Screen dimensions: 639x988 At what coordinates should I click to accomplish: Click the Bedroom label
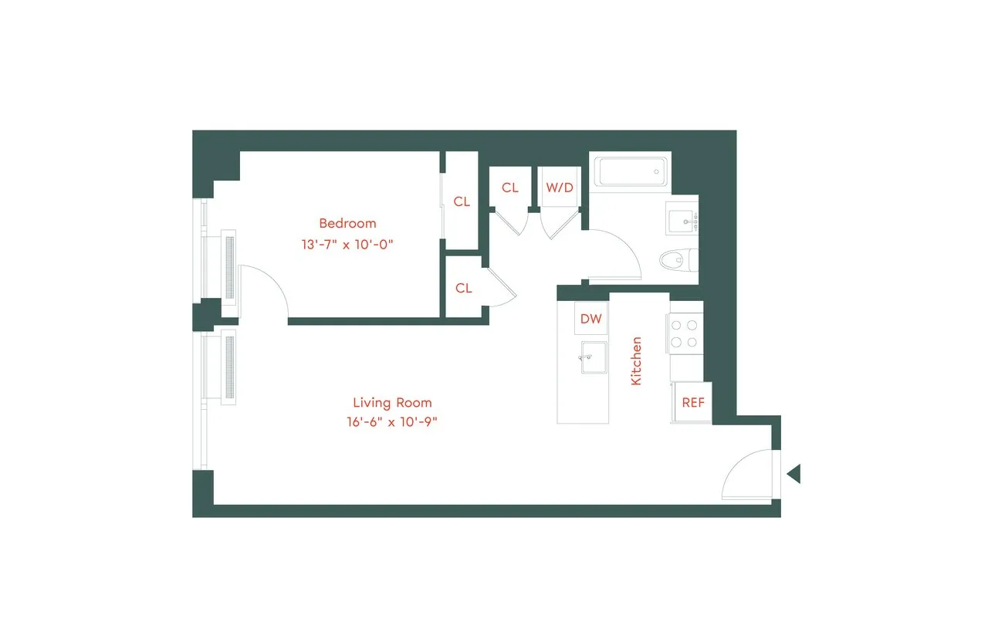click(x=347, y=223)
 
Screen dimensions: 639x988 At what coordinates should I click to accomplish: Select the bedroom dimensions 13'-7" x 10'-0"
click(x=347, y=244)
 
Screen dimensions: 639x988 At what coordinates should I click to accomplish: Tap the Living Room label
click(x=392, y=402)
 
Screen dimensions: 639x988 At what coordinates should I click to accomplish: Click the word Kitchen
click(x=637, y=360)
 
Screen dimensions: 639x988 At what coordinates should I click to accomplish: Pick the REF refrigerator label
click(x=692, y=403)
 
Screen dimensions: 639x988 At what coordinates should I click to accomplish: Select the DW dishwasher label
click(x=590, y=319)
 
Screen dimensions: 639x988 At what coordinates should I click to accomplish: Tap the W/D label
click(x=560, y=188)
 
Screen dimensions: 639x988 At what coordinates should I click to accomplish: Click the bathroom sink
click(x=682, y=219)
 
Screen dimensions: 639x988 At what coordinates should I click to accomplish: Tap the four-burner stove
click(x=685, y=334)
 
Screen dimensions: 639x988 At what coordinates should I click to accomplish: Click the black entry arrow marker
click(x=793, y=474)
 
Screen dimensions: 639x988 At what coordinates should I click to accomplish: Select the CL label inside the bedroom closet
click(x=462, y=201)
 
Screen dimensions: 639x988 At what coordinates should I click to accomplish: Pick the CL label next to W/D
click(x=509, y=188)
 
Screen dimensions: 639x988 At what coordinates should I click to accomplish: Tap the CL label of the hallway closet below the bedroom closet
click(x=463, y=288)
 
